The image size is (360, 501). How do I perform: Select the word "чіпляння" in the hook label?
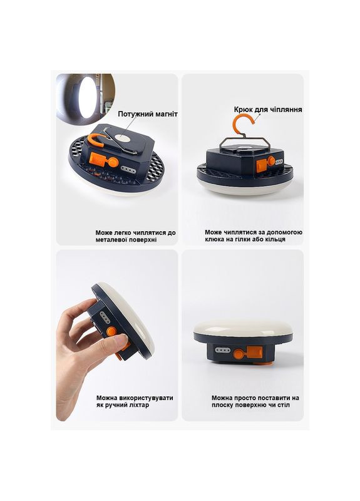286,110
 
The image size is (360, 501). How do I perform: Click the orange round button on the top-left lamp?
113,162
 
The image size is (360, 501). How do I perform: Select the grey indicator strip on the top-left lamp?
128,169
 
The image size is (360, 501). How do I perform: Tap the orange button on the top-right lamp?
272,161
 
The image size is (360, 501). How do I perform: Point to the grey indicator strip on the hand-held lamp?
104,318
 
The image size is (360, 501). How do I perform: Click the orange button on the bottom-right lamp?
238,354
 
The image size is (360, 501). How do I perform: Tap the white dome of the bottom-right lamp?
244,328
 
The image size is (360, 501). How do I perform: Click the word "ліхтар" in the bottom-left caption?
138,405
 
